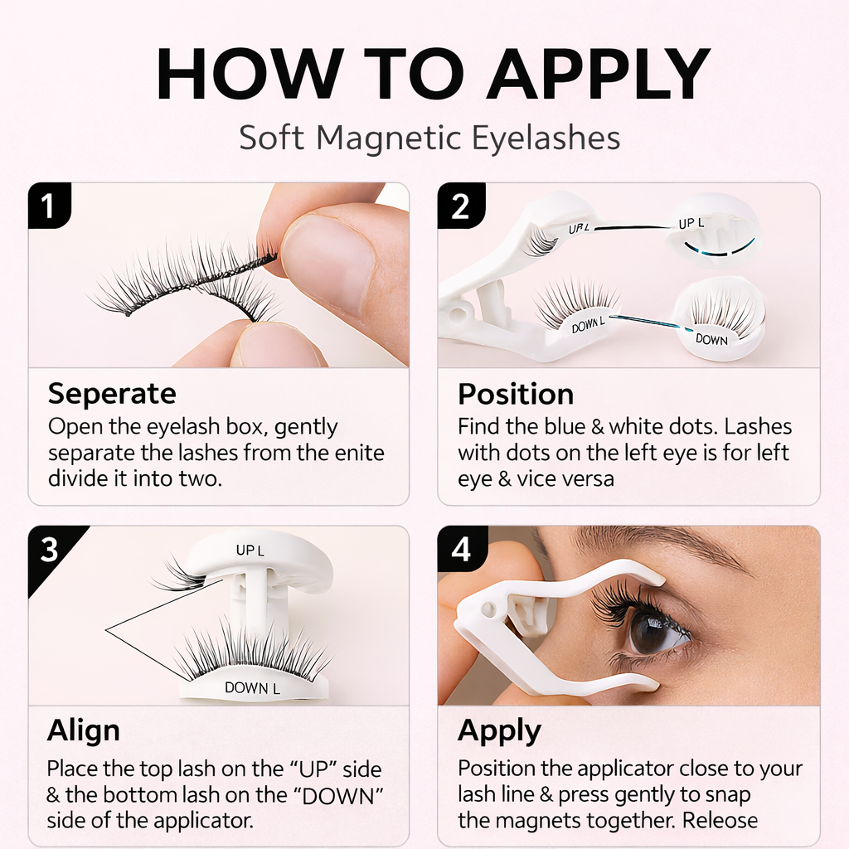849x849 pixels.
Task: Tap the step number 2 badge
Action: (x=460, y=206)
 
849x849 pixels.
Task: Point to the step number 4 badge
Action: (x=461, y=549)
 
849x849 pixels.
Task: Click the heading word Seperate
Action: (x=112, y=394)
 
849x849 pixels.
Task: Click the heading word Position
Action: (x=516, y=394)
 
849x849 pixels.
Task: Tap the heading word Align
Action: (x=84, y=731)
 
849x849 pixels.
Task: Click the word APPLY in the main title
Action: (x=599, y=74)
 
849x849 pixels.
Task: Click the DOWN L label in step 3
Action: (x=252, y=687)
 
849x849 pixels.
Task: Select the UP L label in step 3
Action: (x=250, y=551)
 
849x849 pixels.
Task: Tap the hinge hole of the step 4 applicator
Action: (x=488, y=609)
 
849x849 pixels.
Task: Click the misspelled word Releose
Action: (x=720, y=821)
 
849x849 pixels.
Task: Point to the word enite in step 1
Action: (x=360, y=453)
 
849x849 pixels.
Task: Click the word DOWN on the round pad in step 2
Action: (x=711, y=339)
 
